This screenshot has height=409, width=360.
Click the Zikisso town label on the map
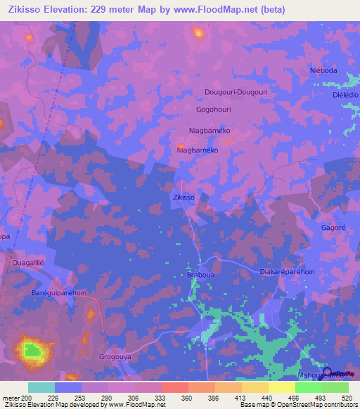click(x=184, y=197)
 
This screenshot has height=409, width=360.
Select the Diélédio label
click(x=345, y=94)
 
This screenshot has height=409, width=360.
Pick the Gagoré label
click(x=334, y=229)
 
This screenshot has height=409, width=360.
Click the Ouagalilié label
click(x=28, y=262)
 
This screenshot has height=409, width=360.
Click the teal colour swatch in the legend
click(x=41, y=387)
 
